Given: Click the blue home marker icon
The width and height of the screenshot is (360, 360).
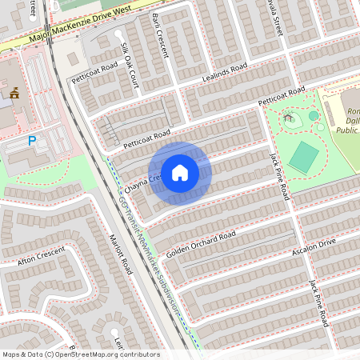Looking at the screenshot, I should [x=180, y=173].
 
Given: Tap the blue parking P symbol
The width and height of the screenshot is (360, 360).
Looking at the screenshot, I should [x=33, y=141].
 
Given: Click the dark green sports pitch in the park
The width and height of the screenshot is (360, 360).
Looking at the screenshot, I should [x=304, y=156].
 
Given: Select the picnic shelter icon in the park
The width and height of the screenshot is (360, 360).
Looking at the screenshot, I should [x=289, y=119].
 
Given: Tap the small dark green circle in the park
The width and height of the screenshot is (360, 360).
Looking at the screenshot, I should [x=314, y=116].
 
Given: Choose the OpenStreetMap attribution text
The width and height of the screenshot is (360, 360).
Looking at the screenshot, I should [x=81, y=354].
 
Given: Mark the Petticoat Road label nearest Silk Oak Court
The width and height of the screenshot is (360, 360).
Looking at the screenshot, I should [x=95, y=81].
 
